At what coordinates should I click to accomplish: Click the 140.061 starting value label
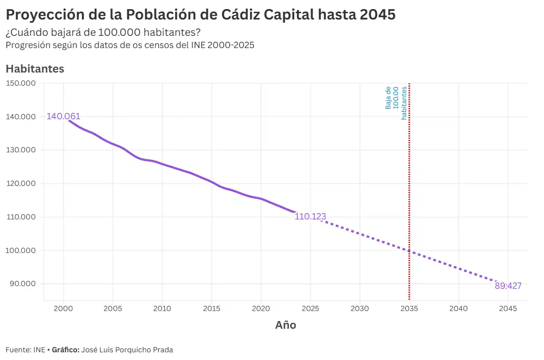point(63,117)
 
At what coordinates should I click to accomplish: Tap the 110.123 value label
point(310,217)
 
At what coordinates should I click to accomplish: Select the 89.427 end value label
point(508,286)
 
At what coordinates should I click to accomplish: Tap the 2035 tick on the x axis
point(409,309)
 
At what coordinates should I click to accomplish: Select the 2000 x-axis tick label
point(63,309)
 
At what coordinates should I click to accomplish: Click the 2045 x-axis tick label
point(508,309)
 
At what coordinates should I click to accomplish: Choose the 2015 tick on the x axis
point(211,309)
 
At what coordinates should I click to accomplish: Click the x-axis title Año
point(286,325)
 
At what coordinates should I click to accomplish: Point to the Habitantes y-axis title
point(35,69)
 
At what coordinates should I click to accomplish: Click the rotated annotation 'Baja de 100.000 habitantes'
point(395,103)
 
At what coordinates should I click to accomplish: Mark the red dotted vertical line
point(409,181)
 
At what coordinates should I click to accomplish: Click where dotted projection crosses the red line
point(409,251)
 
